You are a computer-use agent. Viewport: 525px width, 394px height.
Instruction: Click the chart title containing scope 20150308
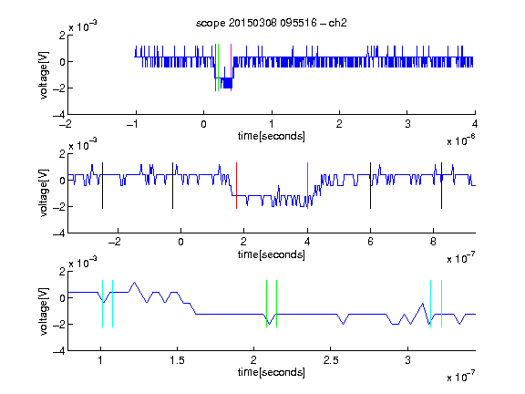[x=272, y=23]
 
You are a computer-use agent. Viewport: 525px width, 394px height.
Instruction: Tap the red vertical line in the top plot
[x=216, y=67]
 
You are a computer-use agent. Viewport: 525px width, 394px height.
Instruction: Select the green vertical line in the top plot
[x=219, y=67]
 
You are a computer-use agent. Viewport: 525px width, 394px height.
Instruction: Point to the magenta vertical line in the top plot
[x=231, y=67]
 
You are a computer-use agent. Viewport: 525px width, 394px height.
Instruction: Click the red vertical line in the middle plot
[x=236, y=186]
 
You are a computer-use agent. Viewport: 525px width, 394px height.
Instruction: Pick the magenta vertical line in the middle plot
[x=307, y=186]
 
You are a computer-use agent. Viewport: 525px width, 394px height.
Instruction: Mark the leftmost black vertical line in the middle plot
[x=102, y=186]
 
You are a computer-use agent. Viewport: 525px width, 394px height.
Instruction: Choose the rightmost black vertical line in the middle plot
[x=441, y=186]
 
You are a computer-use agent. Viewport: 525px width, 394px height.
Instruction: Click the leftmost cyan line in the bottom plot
[x=102, y=304]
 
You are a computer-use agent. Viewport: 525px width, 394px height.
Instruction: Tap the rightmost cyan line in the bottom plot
[x=442, y=304]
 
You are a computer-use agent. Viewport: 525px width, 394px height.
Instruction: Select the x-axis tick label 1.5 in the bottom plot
[x=177, y=360]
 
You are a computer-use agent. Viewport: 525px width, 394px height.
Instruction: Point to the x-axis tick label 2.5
[x=331, y=360]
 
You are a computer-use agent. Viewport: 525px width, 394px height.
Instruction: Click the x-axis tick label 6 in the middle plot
[x=370, y=242]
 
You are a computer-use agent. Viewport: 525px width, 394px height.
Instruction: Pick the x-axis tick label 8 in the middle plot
[x=433, y=242]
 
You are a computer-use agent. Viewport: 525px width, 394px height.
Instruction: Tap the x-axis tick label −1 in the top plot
[x=132, y=124]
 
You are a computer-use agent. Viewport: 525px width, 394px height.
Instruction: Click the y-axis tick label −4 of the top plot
[x=59, y=115]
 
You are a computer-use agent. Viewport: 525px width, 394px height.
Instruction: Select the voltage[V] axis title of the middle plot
[x=44, y=193]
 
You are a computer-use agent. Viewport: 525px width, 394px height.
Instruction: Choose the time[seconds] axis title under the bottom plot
[x=272, y=372]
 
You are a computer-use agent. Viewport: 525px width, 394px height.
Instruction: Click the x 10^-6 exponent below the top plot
[x=461, y=140]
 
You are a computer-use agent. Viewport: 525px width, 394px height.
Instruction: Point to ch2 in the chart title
[x=338, y=23]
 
